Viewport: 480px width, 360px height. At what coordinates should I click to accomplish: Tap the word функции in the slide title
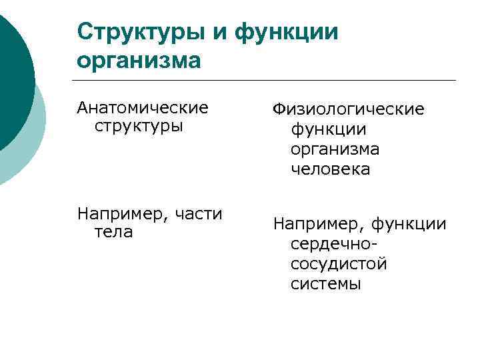[x=287, y=31]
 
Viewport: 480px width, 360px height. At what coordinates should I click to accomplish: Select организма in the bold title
[x=139, y=60]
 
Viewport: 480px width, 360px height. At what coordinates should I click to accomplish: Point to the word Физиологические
[x=347, y=109]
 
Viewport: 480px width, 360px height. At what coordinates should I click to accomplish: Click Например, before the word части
[x=121, y=213]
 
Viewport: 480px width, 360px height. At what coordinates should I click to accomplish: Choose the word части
[x=198, y=213]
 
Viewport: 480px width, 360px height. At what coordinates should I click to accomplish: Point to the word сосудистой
[x=339, y=263]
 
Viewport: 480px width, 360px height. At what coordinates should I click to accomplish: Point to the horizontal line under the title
[x=267, y=81]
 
